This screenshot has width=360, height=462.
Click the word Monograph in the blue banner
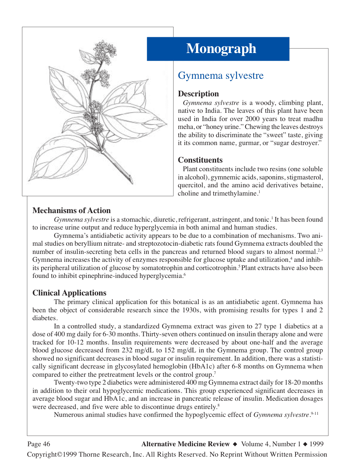coord(221,49)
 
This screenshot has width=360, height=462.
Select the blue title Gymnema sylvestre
coord(221,76)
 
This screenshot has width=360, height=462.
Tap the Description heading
coord(198,94)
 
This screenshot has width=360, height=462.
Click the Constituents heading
coord(200,160)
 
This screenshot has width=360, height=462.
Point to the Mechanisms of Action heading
coord(71,211)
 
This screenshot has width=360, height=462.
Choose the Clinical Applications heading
coord(69,293)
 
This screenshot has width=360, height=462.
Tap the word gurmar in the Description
coord(249,143)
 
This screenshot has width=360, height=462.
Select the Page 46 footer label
coord(39,444)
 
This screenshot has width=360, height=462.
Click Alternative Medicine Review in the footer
coord(185,444)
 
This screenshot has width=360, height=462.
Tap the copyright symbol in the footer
coord(60,454)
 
